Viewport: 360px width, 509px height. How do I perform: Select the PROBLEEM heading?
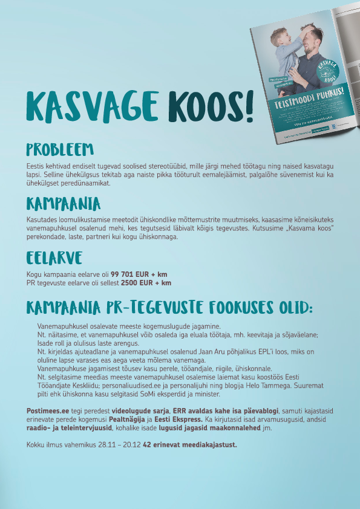pyautogui.click(x=60, y=149)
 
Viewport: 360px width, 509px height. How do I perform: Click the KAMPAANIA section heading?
pyautogui.click(x=63, y=203)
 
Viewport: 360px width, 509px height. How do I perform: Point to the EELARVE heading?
pyautogui.click(x=54, y=258)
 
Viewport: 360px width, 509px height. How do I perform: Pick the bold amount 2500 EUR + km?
pyautogui.click(x=146, y=282)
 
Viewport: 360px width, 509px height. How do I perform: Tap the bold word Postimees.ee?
pyautogui.click(x=47, y=410)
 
